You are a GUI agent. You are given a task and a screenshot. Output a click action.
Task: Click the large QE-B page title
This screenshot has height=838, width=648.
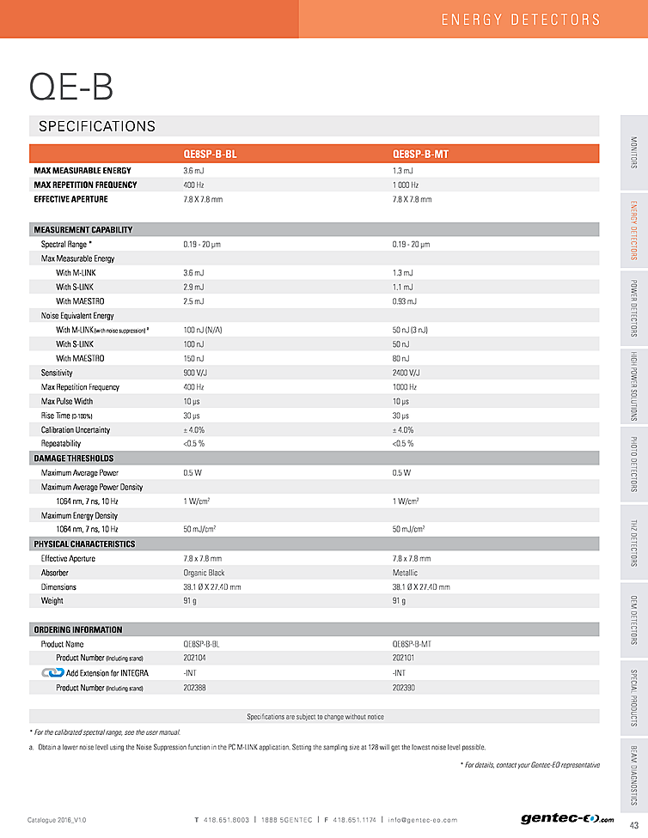(x=71, y=86)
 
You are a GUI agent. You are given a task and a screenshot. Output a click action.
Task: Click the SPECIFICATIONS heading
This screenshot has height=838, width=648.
(x=97, y=126)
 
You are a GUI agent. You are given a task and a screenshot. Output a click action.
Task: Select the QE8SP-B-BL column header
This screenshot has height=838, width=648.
(x=210, y=155)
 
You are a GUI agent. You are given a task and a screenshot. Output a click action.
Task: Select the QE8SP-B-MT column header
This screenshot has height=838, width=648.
(x=420, y=155)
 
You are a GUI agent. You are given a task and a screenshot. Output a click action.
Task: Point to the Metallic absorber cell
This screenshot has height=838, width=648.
(x=405, y=573)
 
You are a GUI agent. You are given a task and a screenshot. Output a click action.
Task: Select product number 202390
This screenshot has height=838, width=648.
(x=404, y=687)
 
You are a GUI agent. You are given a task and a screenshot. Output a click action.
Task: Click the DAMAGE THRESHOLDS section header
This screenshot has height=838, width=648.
(x=74, y=458)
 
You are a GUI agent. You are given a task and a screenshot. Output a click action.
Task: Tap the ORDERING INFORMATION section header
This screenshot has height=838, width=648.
(x=78, y=629)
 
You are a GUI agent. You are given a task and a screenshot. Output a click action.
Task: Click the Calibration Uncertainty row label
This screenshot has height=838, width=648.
(x=76, y=429)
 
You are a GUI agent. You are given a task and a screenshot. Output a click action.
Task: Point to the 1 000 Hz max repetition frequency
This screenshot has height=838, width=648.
(x=406, y=185)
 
